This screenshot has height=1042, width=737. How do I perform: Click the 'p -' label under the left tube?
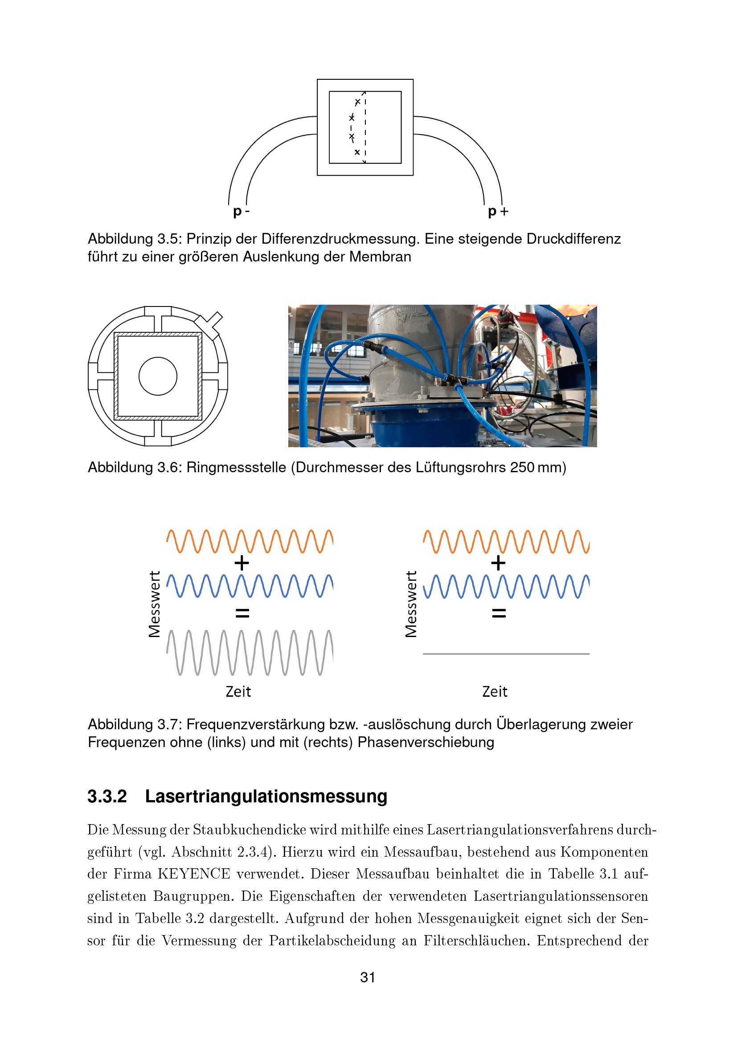pyautogui.click(x=241, y=212)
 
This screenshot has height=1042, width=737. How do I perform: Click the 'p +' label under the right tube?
pyautogui.click(x=498, y=212)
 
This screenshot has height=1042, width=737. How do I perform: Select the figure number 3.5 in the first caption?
pyautogui.click(x=167, y=239)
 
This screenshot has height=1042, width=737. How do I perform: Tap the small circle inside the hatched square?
pyautogui.click(x=157, y=376)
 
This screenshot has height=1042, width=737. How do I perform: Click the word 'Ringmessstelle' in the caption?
pyautogui.click(x=236, y=467)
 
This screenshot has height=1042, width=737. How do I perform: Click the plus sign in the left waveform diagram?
pyautogui.click(x=242, y=563)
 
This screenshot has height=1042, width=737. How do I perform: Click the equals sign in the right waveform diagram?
pyautogui.click(x=499, y=613)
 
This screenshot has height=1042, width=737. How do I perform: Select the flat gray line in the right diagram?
pyautogui.click(x=506, y=654)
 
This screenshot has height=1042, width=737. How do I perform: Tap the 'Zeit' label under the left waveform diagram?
pyautogui.click(x=238, y=692)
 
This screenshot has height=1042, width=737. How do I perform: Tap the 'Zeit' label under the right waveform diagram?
pyautogui.click(x=495, y=692)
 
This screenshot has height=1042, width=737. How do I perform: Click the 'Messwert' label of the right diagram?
pyautogui.click(x=411, y=605)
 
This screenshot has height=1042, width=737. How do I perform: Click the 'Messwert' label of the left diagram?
pyautogui.click(x=154, y=605)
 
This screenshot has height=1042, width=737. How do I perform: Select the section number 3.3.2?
pyautogui.click(x=107, y=797)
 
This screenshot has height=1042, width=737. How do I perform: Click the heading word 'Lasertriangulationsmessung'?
pyautogui.click(x=266, y=797)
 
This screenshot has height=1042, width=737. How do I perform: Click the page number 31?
pyautogui.click(x=368, y=977)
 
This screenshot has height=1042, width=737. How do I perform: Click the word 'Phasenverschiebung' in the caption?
pyautogui.click(x=426, y=743)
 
